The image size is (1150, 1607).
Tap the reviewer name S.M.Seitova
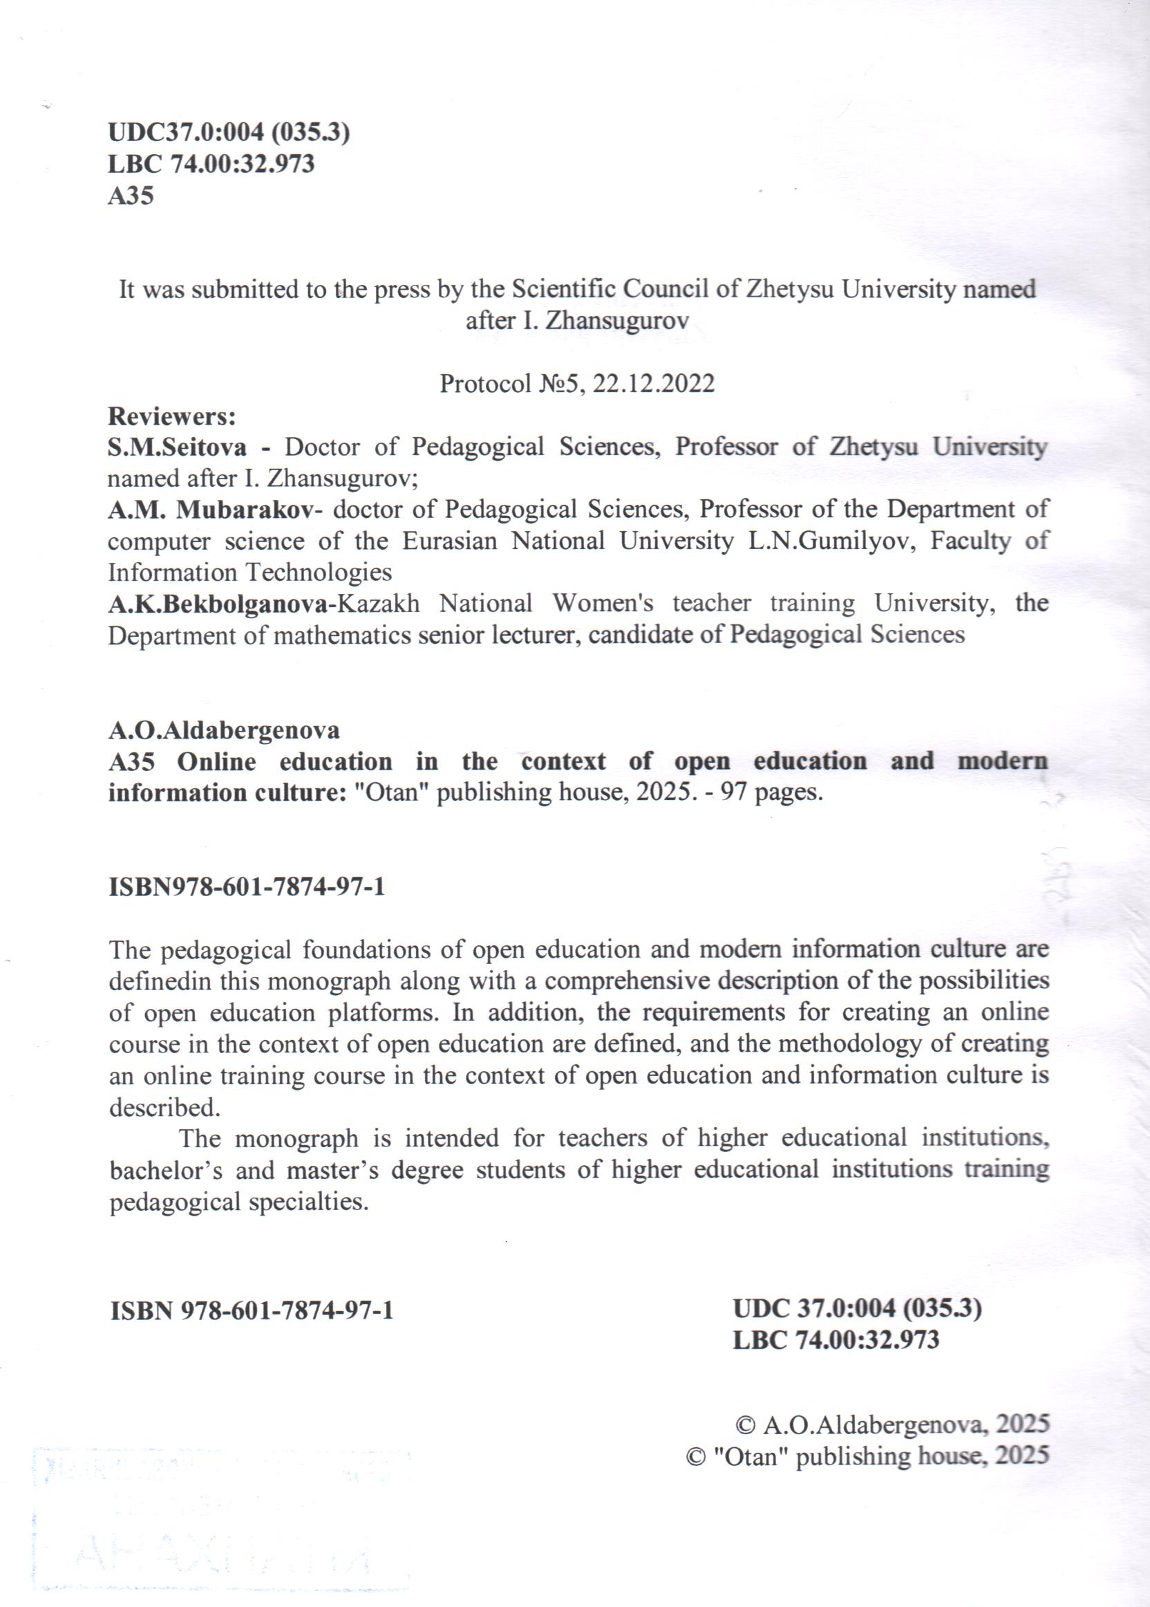click(177, 447)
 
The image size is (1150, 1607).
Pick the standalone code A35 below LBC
click(131, 196)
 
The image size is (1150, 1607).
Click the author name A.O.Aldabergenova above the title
click(224, 730)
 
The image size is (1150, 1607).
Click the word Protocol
click(485, 383)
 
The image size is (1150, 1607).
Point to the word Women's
click(603, 604)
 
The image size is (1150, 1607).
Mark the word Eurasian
click(450, 541)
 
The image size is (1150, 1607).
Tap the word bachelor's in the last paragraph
click(166, 1170)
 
